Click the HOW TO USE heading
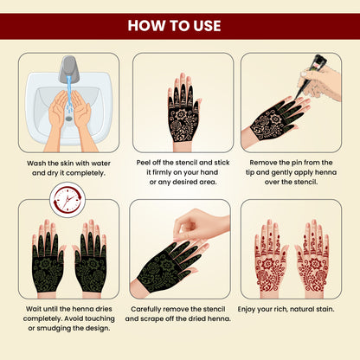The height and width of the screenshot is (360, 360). pos(180,23)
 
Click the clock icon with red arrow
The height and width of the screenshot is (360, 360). pos(65,205)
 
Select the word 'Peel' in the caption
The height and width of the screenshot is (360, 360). pos(145,161)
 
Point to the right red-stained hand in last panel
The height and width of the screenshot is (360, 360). pos(312,258)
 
